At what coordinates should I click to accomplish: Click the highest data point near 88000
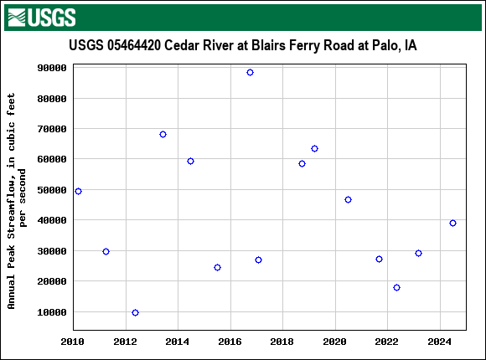[250, 73]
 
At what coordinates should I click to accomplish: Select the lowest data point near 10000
[135, 312]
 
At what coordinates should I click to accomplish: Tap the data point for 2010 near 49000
[78, 191]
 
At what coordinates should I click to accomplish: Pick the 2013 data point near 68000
[163, 134]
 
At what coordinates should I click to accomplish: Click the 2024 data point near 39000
[452, 223]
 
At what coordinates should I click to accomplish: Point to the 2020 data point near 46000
[348, 199]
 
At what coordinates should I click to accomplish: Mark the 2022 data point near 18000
[396, 287]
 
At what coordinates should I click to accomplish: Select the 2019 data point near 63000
[314, 148]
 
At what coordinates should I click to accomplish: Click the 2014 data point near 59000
[190, 161]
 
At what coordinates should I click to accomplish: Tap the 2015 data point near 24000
[217, 267]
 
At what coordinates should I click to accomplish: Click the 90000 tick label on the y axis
[52, 68]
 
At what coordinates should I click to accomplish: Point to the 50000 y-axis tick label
[52, 190]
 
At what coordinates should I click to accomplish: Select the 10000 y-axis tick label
[52, 312]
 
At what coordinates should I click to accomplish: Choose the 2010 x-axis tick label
[73, 342]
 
